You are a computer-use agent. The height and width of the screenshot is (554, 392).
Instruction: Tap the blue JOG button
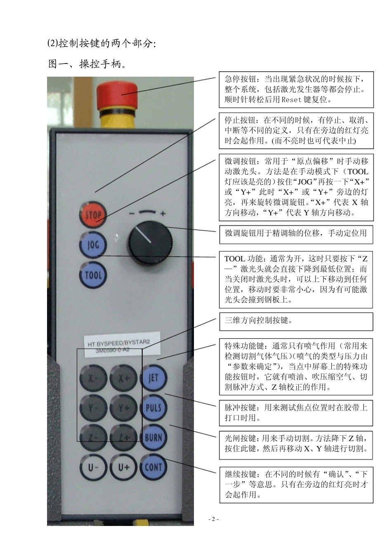coord(93,245)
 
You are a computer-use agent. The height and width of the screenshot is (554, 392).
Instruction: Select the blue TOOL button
coord(93,275)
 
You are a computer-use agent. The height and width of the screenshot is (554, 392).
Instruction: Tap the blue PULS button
coord(153,408)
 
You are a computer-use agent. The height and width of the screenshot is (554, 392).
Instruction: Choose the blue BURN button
coord(153,437)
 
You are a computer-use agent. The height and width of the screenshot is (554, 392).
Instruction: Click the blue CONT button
coord(153,467)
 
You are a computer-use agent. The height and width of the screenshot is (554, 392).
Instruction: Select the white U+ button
coord(124,467)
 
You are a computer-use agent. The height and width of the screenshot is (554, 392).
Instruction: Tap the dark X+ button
coord(124,378)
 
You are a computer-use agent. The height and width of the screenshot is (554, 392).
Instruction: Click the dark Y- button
coord(93,408)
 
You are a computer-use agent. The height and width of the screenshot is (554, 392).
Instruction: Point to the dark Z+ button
coord(124,438)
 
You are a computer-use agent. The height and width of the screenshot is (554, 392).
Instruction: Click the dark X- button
coord(93,378)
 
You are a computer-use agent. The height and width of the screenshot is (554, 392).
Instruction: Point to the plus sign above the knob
coord(163,214)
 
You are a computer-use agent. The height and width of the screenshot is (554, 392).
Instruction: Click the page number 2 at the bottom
coord(213,519)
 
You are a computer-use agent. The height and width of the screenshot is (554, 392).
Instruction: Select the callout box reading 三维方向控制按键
coord(296,322)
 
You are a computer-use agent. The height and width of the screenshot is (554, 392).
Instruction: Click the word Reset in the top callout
coord(294,99)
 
